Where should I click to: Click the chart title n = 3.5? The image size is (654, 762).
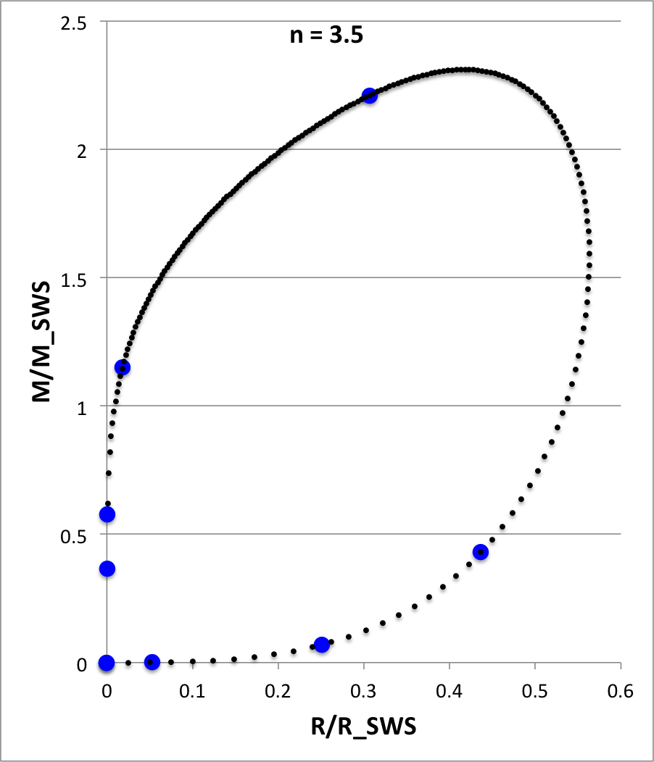[322, 35]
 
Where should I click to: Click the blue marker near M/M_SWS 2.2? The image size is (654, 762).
[370, 96]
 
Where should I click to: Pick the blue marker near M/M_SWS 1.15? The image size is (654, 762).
[123, 367]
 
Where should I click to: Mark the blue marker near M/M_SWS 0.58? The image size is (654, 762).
[107, 514]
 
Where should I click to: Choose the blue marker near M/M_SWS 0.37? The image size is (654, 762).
[107, 569]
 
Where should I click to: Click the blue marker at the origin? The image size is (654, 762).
[107, 663]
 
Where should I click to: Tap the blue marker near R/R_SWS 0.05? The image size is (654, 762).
[152, 662]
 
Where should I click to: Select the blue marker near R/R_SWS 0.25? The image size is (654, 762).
[322, 645]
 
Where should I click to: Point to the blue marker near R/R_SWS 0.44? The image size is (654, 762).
[480, 553]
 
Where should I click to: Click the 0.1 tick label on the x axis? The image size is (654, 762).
[192, 690]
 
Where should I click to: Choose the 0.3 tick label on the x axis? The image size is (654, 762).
[363, 690]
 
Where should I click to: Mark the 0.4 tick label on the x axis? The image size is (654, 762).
[449, 690]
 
